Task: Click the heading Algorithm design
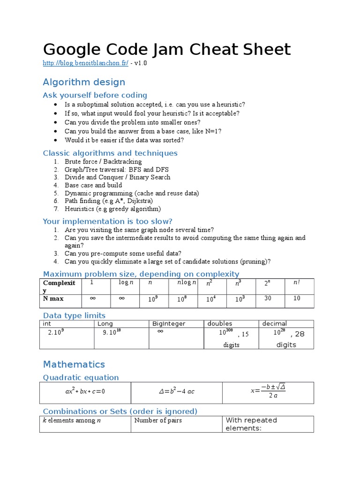click(84, 82)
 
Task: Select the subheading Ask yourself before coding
click(95, 95)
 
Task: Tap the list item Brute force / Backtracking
click(103, 162)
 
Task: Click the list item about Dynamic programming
click(132, 193)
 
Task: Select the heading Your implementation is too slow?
click(107, 221)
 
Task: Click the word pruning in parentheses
click(254, 262)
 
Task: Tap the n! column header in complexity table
click(296, 283)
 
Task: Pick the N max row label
click(53, 299)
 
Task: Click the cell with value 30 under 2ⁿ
click(268, 299)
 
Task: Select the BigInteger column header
click(169, 323)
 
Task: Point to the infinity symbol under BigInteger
click(160, 331)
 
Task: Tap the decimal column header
click(274, 323)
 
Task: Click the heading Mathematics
click(74, 364)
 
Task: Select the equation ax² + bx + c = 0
click(85, 391)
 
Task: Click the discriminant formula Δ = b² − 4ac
click(176, 391)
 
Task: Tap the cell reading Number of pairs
click(158, 420)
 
